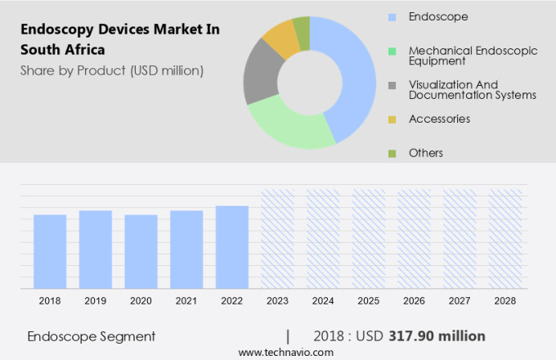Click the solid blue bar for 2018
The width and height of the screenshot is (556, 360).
point(50,251)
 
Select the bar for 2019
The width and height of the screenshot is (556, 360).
point(96,250)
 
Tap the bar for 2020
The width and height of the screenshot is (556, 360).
point(141,251)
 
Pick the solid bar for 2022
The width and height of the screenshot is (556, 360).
point(232,247)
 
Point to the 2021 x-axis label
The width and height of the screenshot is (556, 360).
point(186,301)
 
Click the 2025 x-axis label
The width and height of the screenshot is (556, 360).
point(369,301)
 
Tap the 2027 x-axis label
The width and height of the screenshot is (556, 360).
point(460,301)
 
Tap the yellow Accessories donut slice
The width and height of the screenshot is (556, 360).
point(280,37)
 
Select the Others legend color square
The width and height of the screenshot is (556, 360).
point(392,153)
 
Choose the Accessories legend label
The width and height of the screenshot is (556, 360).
point(439,119)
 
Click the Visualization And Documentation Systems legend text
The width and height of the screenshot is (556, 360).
point(472,90)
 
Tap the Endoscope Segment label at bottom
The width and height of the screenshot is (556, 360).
point(91,336)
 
